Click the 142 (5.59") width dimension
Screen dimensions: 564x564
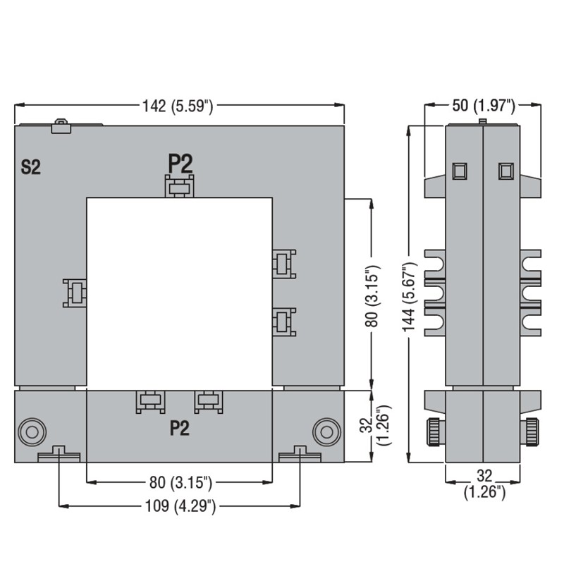tap(178, 106)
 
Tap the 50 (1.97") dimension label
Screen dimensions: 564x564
tap(484, 105)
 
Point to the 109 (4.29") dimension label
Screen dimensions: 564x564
tap(180, 505)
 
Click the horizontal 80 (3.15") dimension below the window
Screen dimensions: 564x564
tap(180, 482)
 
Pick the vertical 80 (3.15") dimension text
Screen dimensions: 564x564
tap(372, 296)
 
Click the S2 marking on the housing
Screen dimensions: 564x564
tap(30, 167)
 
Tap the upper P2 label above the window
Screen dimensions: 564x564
tap(180, 164)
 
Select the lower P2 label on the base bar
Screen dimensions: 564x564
tap(180, 428)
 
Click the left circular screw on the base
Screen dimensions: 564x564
tap(32, 432)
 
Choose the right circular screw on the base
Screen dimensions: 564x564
tap(326, 432)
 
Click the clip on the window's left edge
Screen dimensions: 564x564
tap(75, 293)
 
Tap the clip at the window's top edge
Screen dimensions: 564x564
tap(180, 186)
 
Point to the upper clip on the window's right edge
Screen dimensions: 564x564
tap(284, 264)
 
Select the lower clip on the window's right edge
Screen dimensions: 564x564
tap(284, 322)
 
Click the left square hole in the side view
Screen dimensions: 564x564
tap(460, 171)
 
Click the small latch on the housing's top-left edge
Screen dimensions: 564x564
tap(61, 126)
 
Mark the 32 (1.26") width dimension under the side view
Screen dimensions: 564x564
tap(484, 484)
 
